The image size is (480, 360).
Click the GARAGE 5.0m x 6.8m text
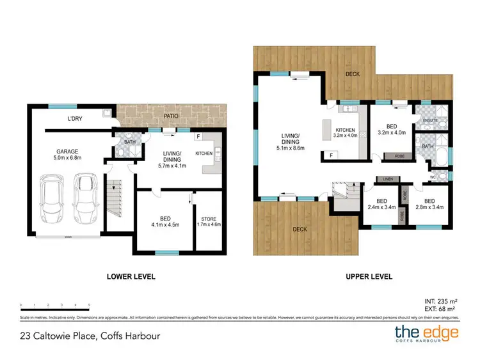[x=67, y=155]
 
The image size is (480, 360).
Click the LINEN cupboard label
[x=387, y=179]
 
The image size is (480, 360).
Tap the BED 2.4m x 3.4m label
[x=381, y=204]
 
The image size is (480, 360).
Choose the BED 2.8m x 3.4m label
[x=429, y=204]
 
